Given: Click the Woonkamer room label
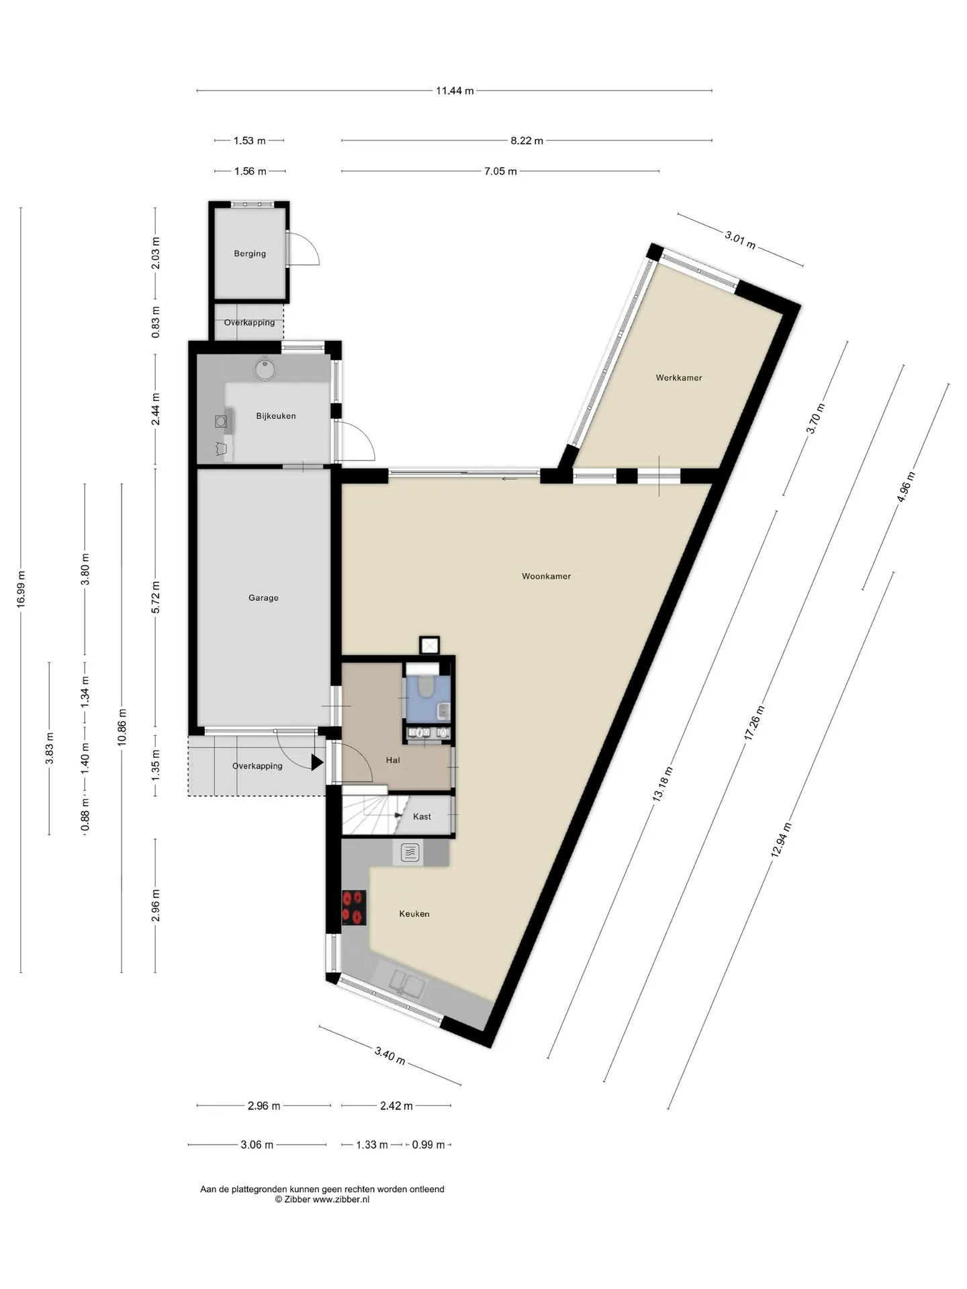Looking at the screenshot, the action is click(546, 576).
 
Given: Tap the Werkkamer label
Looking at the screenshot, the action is click(679, 378).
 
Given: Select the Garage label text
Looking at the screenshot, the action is click(263, 598).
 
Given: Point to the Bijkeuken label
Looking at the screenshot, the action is click(276, 416).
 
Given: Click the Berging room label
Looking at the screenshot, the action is click(250, 254).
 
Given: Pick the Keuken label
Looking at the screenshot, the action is click(414, 914).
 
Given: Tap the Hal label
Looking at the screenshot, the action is click(393, 760).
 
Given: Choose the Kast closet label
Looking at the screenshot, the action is click(422, 816).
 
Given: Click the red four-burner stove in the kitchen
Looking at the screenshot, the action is click(354, 908).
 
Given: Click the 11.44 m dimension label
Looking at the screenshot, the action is click(455, 91).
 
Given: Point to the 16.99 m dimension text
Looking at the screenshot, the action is click(21, 589).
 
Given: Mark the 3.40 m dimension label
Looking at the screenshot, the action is click(389, 1055).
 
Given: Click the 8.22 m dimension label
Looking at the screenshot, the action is click(526, 141).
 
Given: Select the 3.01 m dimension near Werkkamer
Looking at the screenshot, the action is click(740, 240).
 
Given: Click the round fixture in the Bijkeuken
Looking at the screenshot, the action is click(264, 369).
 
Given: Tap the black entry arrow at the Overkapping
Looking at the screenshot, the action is click(317, 762).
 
